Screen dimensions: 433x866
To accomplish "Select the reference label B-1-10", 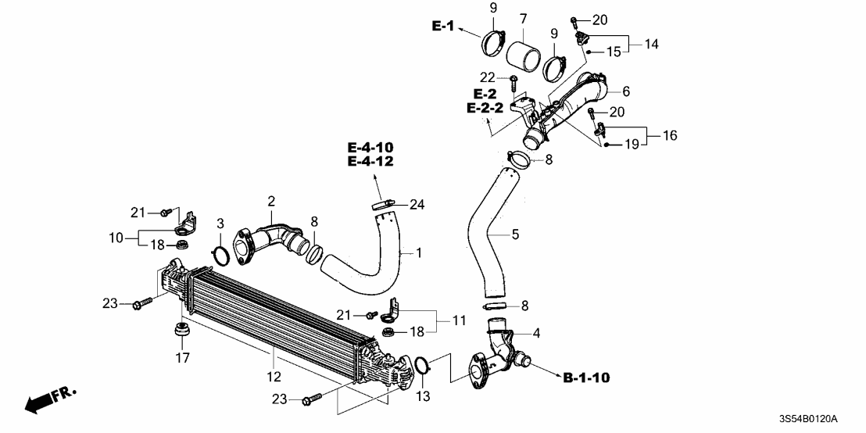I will pyautogui.click(x=586, y=378).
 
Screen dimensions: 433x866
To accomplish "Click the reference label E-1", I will pyautogui.click(x=442, y=27).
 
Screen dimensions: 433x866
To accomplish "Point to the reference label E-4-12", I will pyautogui.click(x=370, y=162).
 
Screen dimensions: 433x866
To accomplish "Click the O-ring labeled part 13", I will pyautogui.click(x=421, y=365).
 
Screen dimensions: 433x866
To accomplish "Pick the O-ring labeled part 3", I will pyautogui.click(x=220, y=255).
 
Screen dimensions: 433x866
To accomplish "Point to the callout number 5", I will pyautogui.click(x=515, y=233).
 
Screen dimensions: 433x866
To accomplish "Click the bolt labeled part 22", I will pyautogui.click(x=512, y=81).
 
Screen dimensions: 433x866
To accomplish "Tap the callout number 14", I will pyautogui.click(x=651, y=45).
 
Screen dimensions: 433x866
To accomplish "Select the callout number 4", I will pyautogui.click(x=536, y=334).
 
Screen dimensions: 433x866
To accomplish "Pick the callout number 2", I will pyautogui.click(x=271, y=201).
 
